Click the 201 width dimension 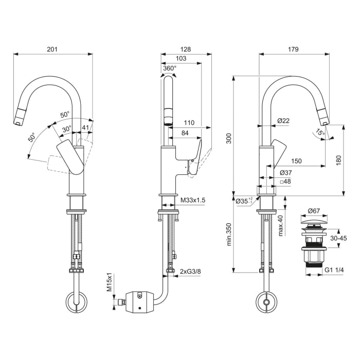(x=52, y=49)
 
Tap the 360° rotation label (x=170, y=68)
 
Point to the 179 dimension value (x=293, y=49)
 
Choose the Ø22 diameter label (x=283, y=121)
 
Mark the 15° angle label (x=320, y=133)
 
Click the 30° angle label (x=67, y=129)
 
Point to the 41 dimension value (x=85, y=128)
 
